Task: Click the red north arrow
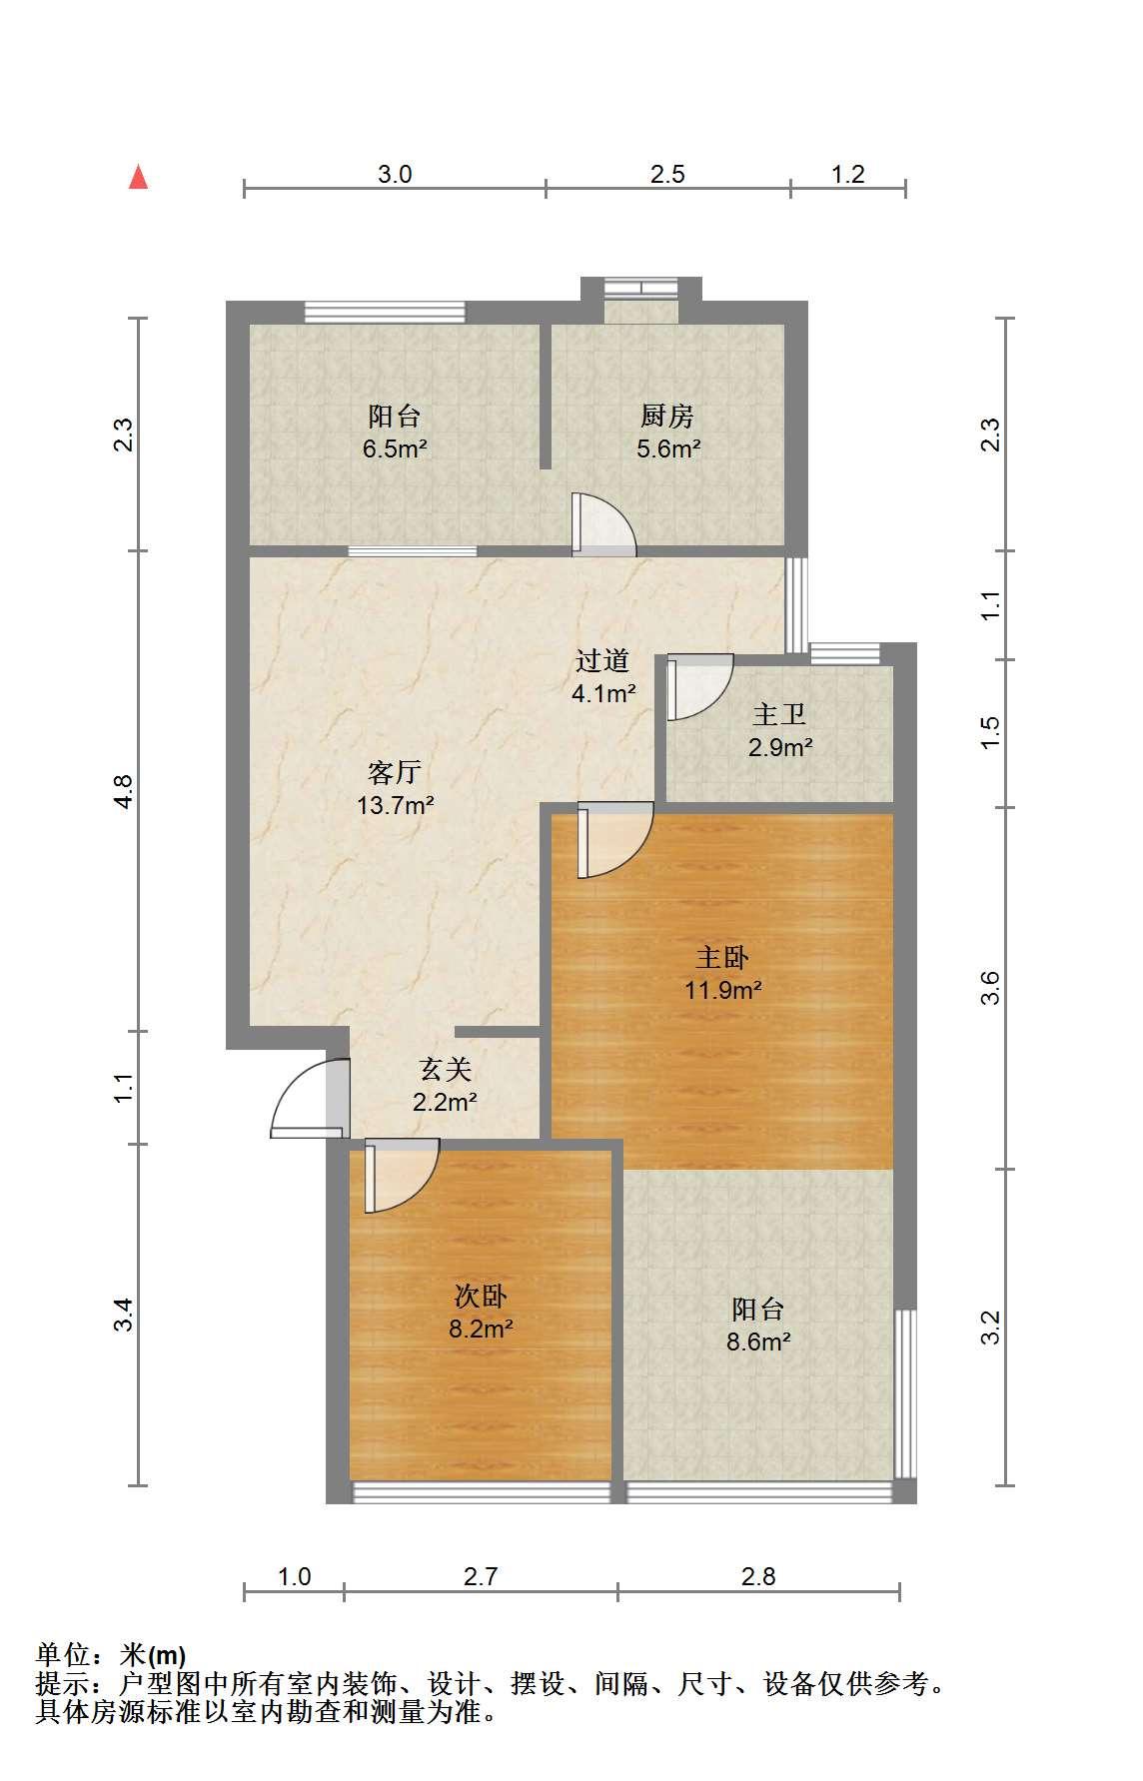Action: (x=139, y=178)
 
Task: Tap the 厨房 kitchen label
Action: (x=667, y=416)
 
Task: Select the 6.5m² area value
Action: (x=395, y=448)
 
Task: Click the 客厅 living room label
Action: (x=395, y=772)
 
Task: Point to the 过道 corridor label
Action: (x=602, y=660)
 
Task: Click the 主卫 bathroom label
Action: (x=779, y=714)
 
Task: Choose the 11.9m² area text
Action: (x=723, y=990)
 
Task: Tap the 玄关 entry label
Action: (x=445, y=1070)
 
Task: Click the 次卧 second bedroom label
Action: (x=481, y=1297)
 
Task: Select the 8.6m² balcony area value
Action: (x=758, y=1341)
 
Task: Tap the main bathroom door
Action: (x=699, y=687)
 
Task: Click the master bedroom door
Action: (x=614, y=840)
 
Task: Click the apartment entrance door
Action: (x=310, y=1099)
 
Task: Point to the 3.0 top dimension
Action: (x=395, y=174)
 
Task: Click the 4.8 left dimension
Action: (x=123, y=791)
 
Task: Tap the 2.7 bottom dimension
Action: (x=481, y=1576)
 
